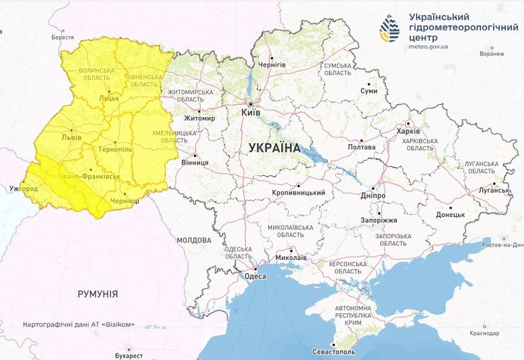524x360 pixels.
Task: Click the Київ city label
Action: coord(251,113)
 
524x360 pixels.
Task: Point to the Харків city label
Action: coord(409,131)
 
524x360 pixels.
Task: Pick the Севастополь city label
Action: coord(334,352)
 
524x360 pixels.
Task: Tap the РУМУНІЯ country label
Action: coord(98,293)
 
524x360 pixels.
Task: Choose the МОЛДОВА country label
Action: coord(194,240)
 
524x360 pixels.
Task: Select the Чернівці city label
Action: coord(126,201)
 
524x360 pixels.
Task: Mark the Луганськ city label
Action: coord(493,190)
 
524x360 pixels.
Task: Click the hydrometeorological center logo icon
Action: coord(389,28)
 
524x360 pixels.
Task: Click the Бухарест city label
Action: coord(128,355)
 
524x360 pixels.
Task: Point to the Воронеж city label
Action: coord(491,53)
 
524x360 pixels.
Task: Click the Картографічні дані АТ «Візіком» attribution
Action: coord(79,324)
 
